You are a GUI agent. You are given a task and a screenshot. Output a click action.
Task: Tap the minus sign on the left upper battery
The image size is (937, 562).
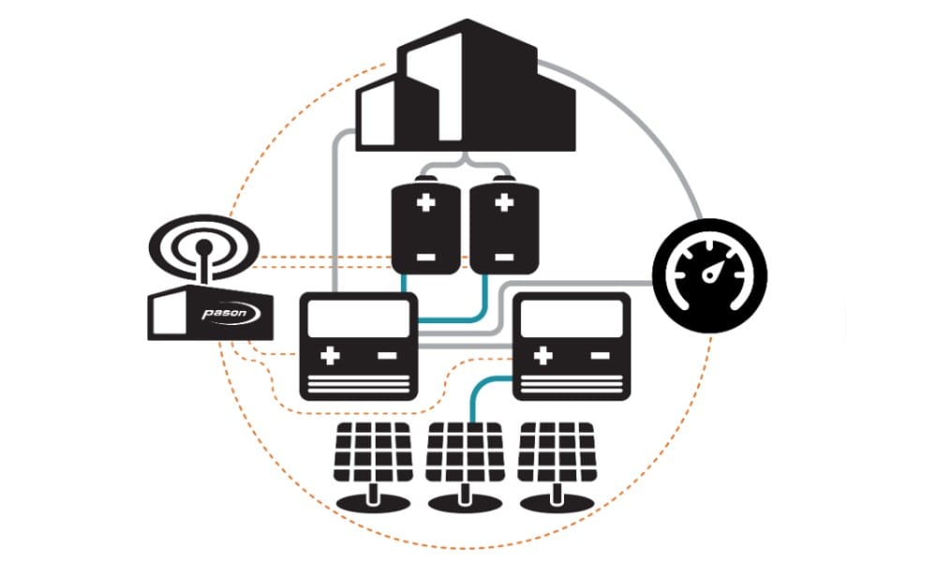(425, 255)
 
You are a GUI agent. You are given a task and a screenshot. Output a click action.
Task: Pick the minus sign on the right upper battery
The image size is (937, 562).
(502, 255)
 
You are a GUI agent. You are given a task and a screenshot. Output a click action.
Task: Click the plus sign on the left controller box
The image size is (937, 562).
(330, 356)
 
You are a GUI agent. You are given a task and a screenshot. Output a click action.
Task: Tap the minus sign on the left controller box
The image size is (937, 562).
(385, 356)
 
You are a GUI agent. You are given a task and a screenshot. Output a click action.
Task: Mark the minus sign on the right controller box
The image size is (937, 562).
(597, 356)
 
